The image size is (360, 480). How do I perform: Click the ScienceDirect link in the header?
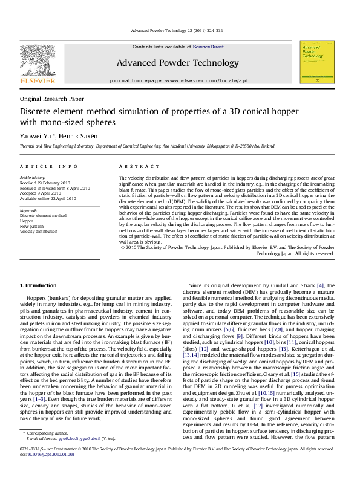208,47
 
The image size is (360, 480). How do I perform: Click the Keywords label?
30,209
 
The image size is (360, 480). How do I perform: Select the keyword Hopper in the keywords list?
27,220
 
